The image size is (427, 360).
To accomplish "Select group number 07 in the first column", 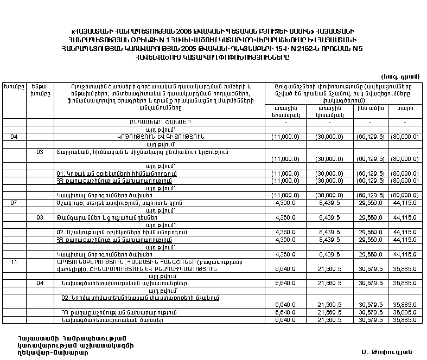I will [x=14, y=202].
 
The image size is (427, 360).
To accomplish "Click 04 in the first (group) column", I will [x=14, y=137].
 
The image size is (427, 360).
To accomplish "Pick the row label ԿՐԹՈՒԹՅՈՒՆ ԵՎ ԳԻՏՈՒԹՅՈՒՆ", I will [x=161, y=137].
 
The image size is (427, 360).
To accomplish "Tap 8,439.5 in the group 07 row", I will [x=327, y=203].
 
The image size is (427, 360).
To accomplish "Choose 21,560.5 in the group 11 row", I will [x=327, y=268].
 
